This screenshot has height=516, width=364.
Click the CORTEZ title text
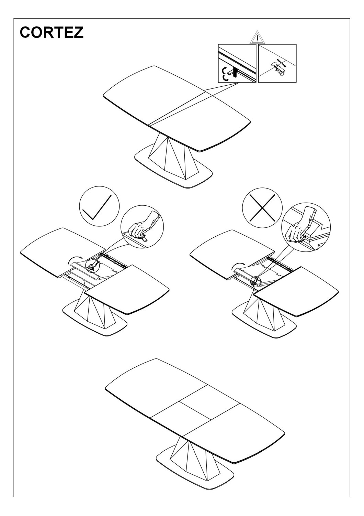click(x=52, y=32)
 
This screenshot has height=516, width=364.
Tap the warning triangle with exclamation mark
click(x=257, y=37)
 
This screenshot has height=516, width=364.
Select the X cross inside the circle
click(x=262, y=207)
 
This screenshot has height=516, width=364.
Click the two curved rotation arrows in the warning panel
click(x=225, y=74)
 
